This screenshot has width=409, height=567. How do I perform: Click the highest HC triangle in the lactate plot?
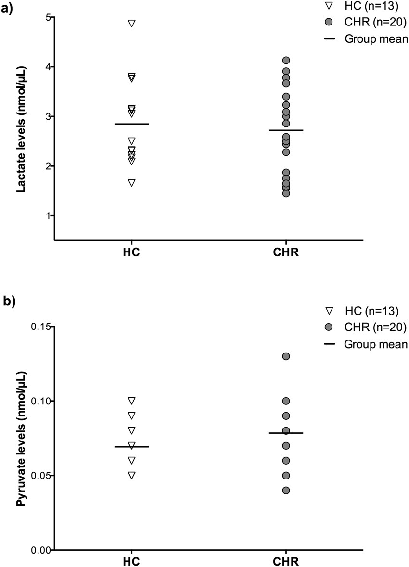click(131, 23)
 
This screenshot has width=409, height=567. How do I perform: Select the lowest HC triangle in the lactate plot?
click(131, 182)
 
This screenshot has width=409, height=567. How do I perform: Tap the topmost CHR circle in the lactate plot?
click(286, 60)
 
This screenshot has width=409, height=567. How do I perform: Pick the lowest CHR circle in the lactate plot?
click(286, 193)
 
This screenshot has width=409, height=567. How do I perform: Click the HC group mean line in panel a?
click(131, 124)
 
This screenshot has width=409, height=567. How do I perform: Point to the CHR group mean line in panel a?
click(286, 130)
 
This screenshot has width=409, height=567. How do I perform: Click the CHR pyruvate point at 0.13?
click(286, 356)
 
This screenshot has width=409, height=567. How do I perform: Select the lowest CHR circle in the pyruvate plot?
click(286, 490)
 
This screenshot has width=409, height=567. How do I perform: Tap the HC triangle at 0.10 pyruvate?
click(131, 400)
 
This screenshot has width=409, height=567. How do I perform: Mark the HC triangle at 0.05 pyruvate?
click(131, 475)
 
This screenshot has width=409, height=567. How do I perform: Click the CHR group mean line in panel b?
click(286, 433)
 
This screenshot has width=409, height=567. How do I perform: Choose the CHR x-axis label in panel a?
click(286, 253)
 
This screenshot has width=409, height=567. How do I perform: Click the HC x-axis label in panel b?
click(131, 561)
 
